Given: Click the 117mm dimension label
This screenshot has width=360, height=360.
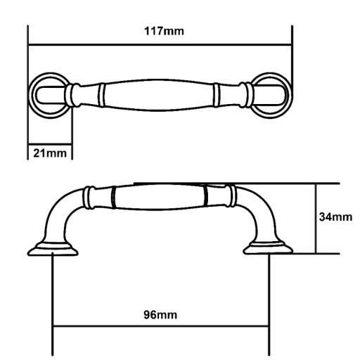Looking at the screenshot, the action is coord(164,31).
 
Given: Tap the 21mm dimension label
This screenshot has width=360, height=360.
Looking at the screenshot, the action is coord(50,153).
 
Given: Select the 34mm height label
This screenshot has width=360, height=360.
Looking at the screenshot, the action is coord(335,217).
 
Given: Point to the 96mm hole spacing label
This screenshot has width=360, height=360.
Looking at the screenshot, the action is coord(160,315).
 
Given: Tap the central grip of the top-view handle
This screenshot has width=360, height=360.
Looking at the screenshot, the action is coord(159,95).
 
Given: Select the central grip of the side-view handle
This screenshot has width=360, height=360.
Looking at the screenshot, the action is coord(159,197).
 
